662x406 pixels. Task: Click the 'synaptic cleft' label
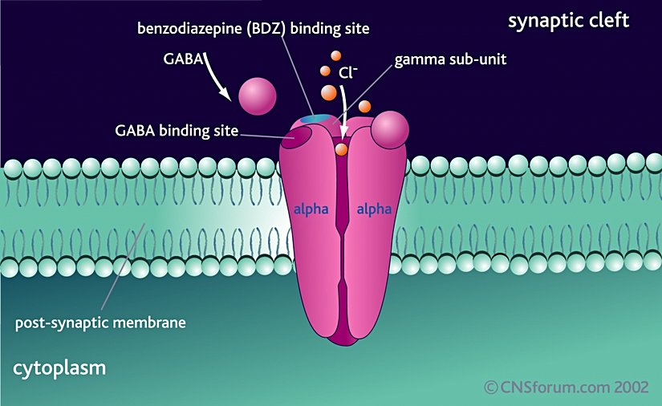click(x=569, y=21)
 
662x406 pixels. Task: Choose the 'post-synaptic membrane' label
click(x=100, y=324)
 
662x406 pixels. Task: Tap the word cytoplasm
click(x=59, y=369)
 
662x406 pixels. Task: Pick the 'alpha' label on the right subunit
click(x=374, y=210)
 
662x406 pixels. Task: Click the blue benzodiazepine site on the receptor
click(x=315, y=119)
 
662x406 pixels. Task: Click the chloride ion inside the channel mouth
click(x=341, y=148)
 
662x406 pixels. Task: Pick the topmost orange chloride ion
click(x=335, y=55)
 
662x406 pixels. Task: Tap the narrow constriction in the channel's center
click(x=344, y=241)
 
